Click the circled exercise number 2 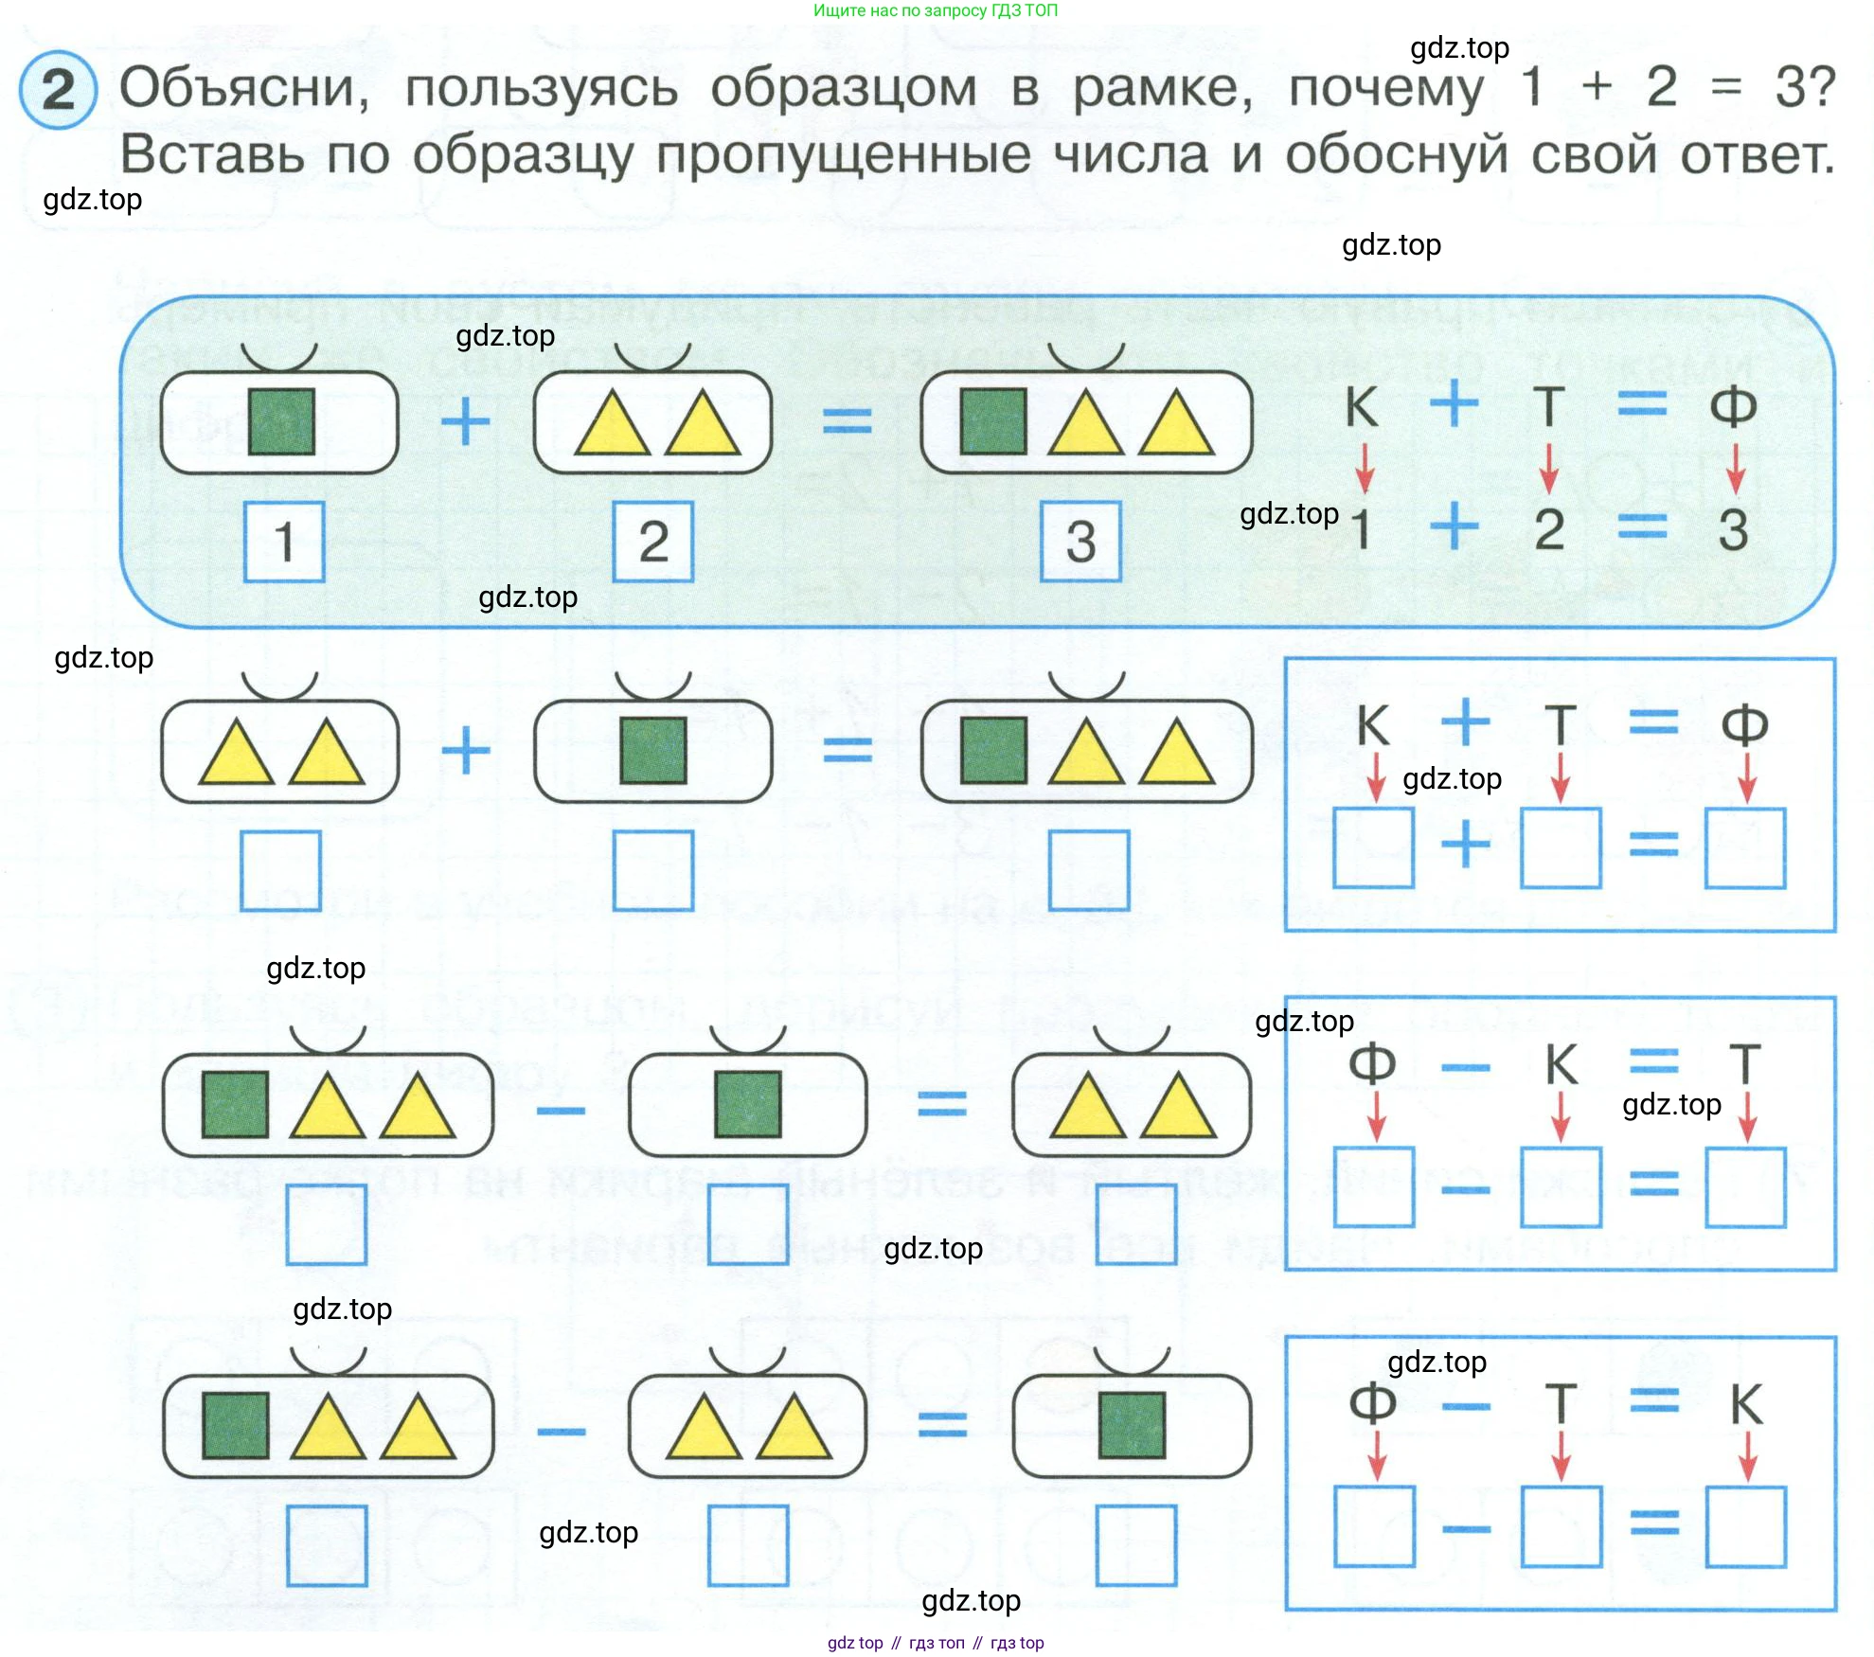point(58,90)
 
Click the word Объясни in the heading point(243,88)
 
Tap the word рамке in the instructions point(1162,88)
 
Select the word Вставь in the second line point(212,154)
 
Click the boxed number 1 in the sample point(284,542)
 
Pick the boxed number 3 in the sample point(1080,542)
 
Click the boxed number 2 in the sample point(653,542)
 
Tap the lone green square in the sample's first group point(281,421)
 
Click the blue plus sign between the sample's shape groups point(466,421)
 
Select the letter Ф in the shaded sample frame point(1733,406)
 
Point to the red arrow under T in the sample point(1548,469)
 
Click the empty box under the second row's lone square point(653,870)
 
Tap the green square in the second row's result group point(993,751)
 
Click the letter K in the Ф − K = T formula point(1562,1064)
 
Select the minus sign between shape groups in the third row point(561,1109)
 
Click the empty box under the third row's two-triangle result point(1136,1224)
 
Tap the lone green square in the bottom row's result point(1132,1425)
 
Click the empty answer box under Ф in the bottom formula point(1374,1526)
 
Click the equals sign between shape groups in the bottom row point(942,1425)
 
